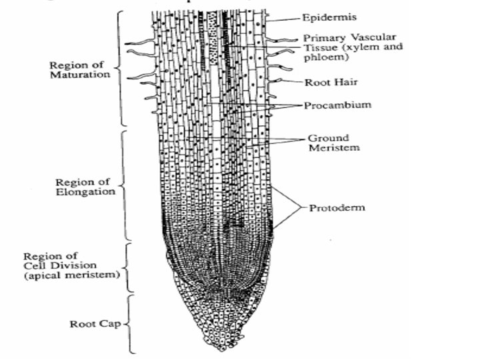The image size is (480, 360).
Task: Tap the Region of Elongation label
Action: coord(85,187)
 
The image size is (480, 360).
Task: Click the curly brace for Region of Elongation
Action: coord(123,186)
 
